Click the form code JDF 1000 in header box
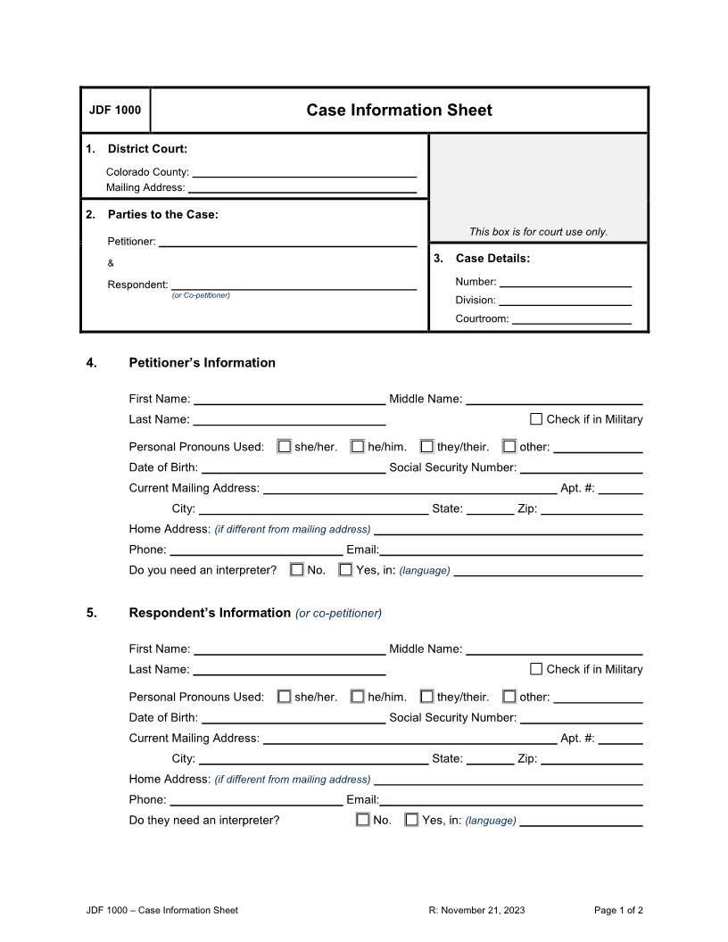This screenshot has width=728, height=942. [x=115, y=111]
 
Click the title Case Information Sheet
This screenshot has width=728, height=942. [x=399, y=111]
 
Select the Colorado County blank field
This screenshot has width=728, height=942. [x=304, y=171]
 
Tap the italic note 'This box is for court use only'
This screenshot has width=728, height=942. [x=538, y=232]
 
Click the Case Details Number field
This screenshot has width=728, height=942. [x=565, y=281]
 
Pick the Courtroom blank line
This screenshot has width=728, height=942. [x=571, y=318]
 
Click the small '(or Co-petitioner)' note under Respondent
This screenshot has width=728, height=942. [x=201, y=295]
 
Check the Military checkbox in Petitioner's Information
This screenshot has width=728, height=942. [x=536, y=419]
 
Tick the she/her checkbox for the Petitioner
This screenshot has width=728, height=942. [x=285, y=447]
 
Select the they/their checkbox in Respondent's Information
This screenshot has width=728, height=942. [x=427, y=697]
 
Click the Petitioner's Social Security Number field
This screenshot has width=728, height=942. [x=581, y=467]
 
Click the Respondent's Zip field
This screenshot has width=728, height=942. [x=591, y=758]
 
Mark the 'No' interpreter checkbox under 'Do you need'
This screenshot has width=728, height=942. [x=297, y=570]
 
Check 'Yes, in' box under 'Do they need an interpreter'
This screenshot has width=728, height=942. [x=411, y=820]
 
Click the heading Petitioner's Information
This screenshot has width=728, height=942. [x=202, y=363]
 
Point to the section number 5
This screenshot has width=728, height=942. [x=92, y=613]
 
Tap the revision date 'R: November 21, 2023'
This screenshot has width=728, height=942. [x=476, y=910]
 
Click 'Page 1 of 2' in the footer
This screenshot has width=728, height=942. [x=618, y=910]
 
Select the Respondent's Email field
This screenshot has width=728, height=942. [x=510, y=799]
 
